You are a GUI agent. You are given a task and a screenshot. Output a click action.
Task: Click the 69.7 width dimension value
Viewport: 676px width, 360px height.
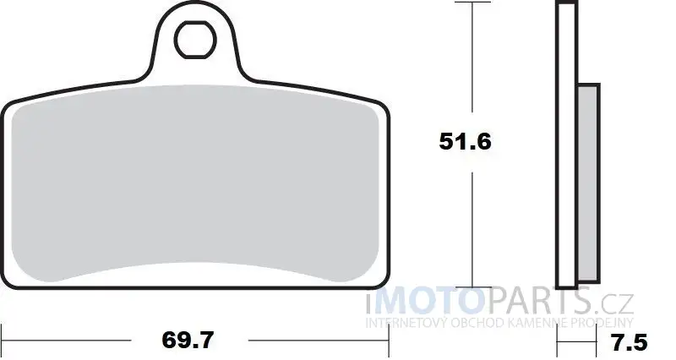[x=188, y=341]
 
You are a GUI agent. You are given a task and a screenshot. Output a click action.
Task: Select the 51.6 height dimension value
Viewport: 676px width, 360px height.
[x=466, y=141]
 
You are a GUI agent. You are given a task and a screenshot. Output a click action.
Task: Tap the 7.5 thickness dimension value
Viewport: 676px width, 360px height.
[x=630, y=343]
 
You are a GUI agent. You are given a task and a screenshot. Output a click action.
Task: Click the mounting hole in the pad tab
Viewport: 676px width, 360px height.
[x=195, y=40]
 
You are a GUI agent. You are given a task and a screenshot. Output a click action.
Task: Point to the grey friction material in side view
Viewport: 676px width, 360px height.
[x=588, y=183]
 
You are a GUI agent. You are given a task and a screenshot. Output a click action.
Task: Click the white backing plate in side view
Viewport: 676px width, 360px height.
[x=566, y=145]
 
